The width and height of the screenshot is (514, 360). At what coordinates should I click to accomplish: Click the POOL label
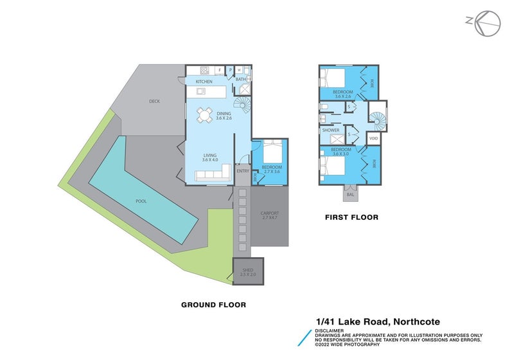[141, 201]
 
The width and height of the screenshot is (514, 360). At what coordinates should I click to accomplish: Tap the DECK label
[154, 101]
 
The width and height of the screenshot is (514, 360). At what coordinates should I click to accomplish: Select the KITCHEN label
[204, 82]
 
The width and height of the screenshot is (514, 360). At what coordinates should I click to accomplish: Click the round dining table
[205, 115]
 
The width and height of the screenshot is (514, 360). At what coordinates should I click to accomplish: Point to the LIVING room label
[210, 156]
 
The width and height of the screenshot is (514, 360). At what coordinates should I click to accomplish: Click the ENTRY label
[242, 171]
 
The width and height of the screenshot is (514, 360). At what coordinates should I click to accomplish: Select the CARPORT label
[269, 213]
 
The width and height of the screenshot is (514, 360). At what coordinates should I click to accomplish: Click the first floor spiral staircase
[377, 119]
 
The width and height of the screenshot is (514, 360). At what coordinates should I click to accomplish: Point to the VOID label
[373, 138]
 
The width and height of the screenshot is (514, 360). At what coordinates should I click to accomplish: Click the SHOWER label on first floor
[331, 130]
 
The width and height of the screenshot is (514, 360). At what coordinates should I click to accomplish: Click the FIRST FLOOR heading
[351, 218]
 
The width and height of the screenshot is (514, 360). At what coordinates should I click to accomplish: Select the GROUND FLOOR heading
[213, 305]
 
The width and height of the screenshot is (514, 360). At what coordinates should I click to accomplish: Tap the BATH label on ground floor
[241, 79]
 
